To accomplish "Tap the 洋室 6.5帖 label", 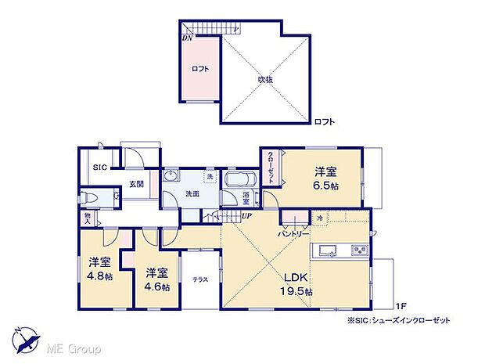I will (x=326, y=178).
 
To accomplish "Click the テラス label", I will (x=200, y=279).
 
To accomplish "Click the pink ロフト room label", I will (x=200, y=69).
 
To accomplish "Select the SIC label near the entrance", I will (x=99, y=168).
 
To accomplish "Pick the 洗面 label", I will (x=192, y=193).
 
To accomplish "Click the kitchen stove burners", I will (x=358, y=251).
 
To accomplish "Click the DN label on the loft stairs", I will (x=188, y=38).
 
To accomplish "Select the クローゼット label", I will (x=271, y=168).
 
